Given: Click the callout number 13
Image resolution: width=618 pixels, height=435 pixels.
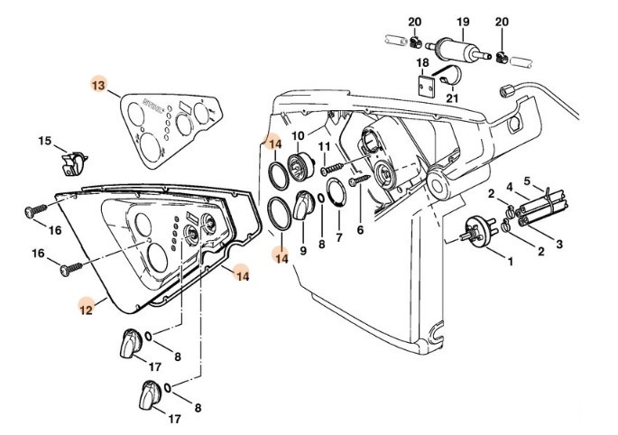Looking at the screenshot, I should point(98,85).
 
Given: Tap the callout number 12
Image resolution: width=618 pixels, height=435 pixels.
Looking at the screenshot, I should point(87,308).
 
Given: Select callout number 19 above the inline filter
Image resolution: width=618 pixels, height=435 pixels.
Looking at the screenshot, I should point(463,22).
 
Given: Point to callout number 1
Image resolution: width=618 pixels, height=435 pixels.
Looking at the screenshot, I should point(509,262).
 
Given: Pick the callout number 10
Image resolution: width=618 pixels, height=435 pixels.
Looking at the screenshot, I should point(298,136).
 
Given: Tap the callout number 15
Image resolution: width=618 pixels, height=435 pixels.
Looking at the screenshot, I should point(43,141).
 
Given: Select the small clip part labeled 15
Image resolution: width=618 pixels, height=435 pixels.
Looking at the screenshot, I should point(74,164).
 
